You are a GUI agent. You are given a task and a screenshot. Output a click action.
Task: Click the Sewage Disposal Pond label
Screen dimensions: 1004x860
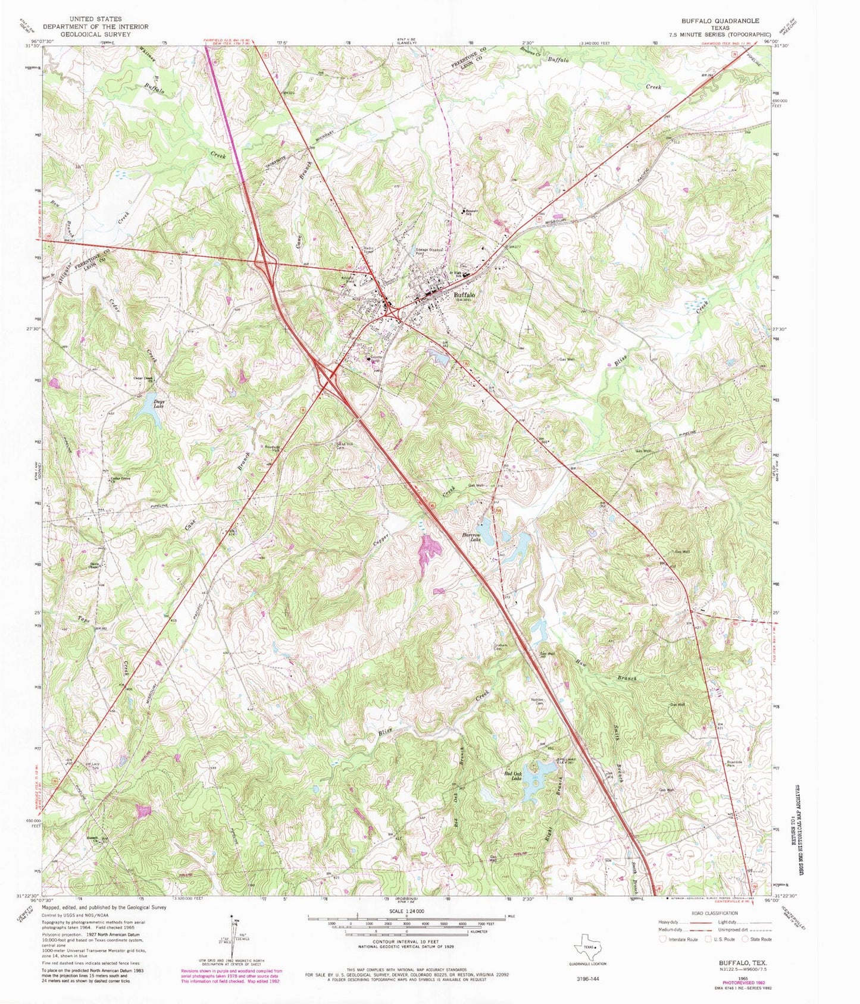429,252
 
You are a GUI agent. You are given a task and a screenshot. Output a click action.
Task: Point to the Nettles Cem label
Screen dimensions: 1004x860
539,701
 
